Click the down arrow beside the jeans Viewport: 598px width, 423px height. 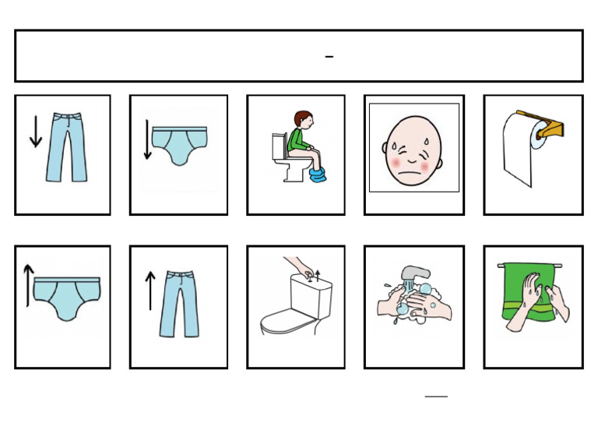(35, 132)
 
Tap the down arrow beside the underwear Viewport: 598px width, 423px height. (148, 139)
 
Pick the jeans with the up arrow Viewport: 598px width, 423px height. (179, 303)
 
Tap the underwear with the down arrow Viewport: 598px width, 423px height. (180, 145)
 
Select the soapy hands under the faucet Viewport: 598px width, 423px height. (413, 302)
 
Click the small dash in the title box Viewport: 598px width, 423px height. (329, 57)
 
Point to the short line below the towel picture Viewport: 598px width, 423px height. (436, 396)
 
